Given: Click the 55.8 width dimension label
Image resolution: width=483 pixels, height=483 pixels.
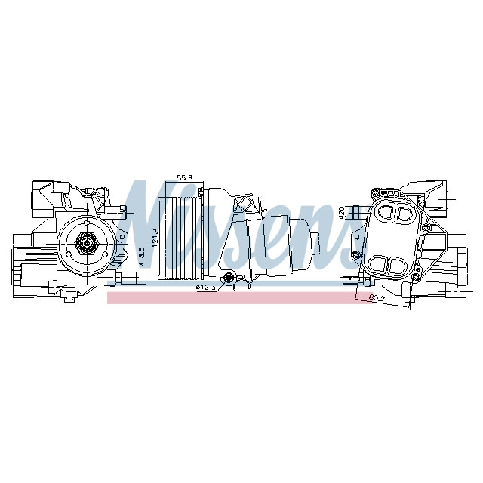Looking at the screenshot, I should (x=185, y=177).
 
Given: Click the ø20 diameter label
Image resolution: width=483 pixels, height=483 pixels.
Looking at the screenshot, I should (x=341, y=214).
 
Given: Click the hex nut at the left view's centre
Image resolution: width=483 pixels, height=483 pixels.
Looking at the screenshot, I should (x=85, y=241).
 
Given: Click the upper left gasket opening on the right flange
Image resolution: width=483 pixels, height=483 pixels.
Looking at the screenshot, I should (x=385, y=214).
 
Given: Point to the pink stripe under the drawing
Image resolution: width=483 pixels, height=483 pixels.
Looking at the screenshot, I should (x=226, y=299).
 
